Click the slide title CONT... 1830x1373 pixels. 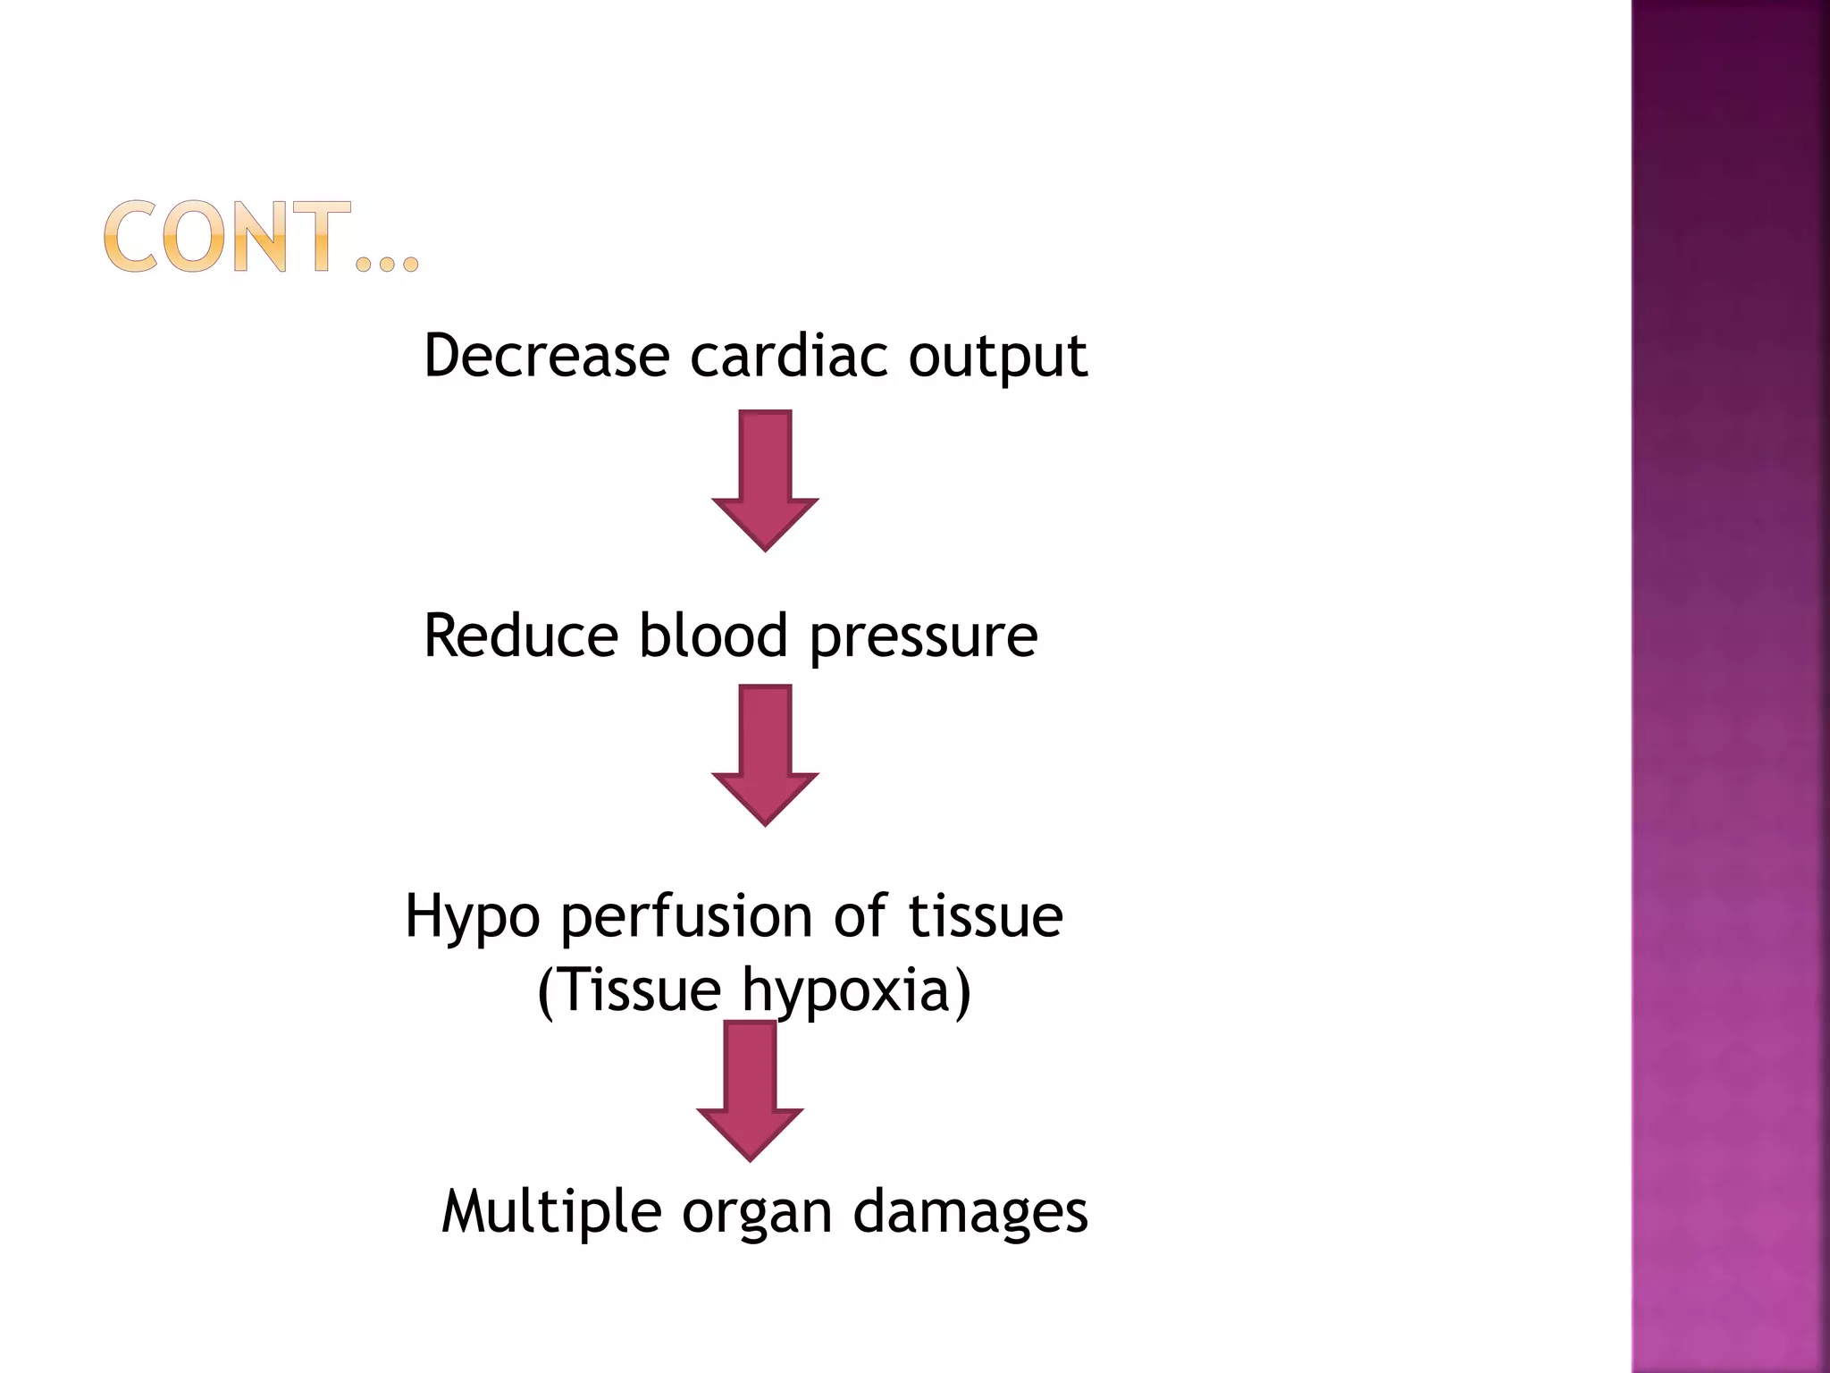coord(259,237)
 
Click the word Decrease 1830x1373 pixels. coord(546,356)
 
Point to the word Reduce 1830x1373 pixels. coord(521,636)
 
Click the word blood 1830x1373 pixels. coord(713,636)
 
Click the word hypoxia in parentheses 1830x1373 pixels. coord(855,992)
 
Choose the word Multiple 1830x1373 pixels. coord(551,1213)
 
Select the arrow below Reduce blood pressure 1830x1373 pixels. coord(765,754)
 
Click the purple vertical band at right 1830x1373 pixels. coord(1730,686)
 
